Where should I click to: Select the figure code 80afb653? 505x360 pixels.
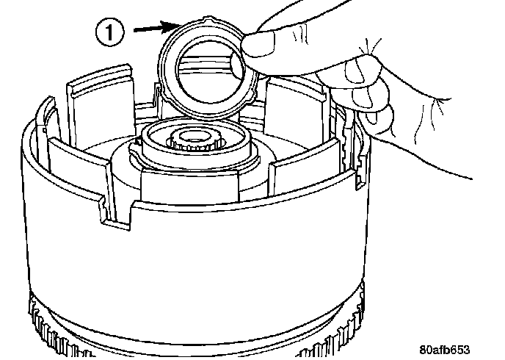click(x=444, y=350)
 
